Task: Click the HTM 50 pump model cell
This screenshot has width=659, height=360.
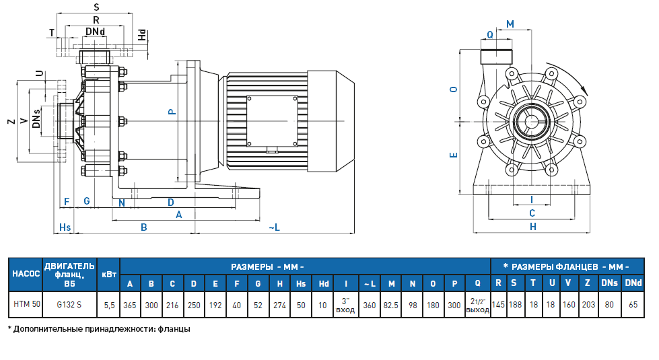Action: pyautogui.click(x=27, y=304)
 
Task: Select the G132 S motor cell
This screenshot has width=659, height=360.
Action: pyautogui.click(x=69, y=304)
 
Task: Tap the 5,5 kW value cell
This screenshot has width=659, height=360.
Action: pyautogui.click(x=108, y=304)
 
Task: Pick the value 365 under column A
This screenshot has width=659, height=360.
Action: pyautogui.click(x=130, y=304)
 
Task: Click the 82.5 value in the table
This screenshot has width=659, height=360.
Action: pyautogui.click(x=391, y=304)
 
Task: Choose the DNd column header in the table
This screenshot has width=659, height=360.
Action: pyautogui.click(x=632, y=283)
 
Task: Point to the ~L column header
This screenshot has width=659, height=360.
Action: pyautogui.click(x=369, y=283)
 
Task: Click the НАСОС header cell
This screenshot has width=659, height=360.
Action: pyautogui.click(x=26, y=275)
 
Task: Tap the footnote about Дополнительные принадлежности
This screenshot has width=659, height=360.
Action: pyautogui.click(x=99, y=329)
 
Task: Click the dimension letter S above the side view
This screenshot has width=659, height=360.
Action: pyautogui.click(x=96, y=7)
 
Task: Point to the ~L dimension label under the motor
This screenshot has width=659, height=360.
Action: pyautogui.click(x=273, y=228)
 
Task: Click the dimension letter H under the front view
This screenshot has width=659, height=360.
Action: pyautogui.click(x=532, y=227)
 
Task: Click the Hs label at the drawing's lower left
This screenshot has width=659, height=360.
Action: pyautogui.click(x=65, y=228)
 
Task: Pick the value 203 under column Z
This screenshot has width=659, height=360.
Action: pyautogui.click(x=588, y=304)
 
